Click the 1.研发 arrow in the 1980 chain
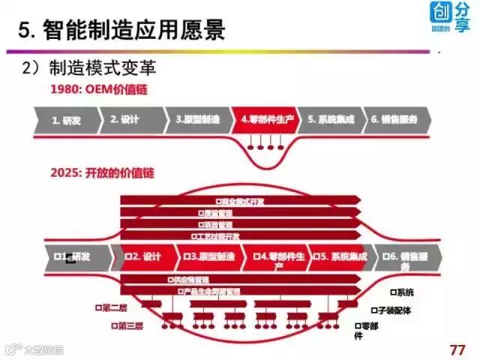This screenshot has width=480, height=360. click(66, 120)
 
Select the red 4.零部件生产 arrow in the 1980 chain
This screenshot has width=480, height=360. click(267, 120)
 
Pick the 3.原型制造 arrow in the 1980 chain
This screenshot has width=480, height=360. click(198, 120)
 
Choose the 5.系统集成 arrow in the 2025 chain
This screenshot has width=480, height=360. click(341, 256)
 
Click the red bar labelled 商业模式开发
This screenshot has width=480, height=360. click(240, 202)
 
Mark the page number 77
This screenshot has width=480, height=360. click(457, 349)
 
